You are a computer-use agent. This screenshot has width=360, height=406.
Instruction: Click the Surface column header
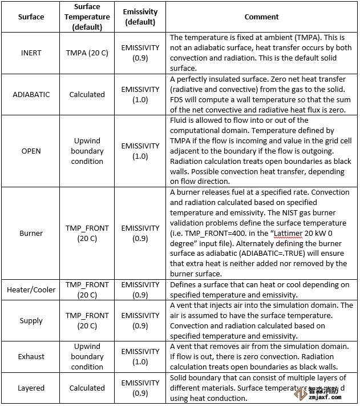31,17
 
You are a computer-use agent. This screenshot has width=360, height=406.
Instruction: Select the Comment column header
262,17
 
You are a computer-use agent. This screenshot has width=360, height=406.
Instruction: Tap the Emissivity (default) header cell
139,17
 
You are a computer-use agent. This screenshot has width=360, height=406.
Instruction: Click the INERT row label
31,53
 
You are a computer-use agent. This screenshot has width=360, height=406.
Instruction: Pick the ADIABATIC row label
31,94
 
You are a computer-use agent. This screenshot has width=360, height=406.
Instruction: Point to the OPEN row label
31,151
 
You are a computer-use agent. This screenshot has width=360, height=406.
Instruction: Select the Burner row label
31,233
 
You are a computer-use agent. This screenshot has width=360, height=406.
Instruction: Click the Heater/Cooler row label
31,290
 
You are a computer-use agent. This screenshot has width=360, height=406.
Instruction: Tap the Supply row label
31,320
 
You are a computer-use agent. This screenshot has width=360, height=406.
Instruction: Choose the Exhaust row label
31,356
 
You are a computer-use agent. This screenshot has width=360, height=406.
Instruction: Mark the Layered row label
31,388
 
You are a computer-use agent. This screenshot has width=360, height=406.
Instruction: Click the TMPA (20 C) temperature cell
87,53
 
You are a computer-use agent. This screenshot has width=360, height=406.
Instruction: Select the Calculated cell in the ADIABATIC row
87,94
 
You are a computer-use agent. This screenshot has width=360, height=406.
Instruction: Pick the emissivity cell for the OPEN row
140,151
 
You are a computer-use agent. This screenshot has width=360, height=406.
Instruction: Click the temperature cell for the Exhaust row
87,356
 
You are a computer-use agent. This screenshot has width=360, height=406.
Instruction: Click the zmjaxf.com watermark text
333,400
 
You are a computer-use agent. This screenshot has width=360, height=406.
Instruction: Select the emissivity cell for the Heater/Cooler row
140,290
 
